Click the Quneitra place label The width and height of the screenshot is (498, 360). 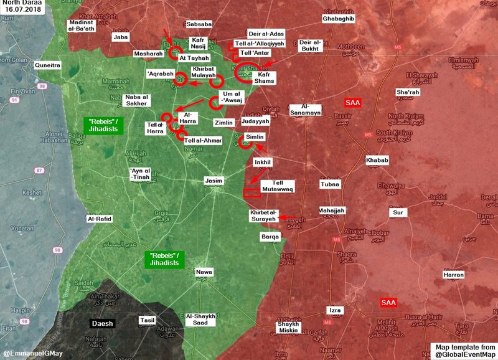point(48,64)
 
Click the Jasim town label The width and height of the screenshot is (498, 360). point(214,181)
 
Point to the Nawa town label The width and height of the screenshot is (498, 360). point(204,272)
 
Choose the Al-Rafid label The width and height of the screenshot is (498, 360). point(98,219)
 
